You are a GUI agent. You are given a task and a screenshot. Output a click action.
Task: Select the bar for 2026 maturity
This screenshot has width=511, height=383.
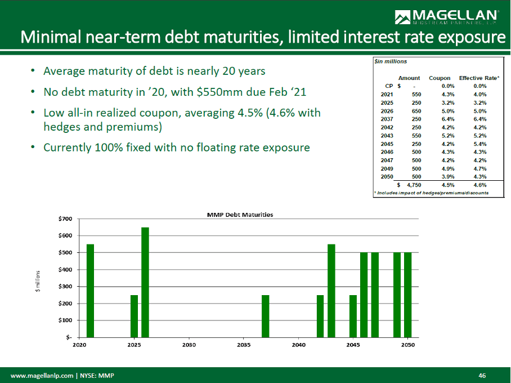pyautogui.click(x=145, y=282)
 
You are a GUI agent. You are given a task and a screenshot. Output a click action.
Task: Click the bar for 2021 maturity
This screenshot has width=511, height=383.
pyautogui.click(x=90, y=290)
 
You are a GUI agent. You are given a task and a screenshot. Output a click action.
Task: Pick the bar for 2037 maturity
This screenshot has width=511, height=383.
pyautogui.click(x=265, y=315)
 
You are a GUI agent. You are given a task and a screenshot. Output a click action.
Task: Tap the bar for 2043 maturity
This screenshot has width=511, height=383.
pyautogui.click(x=331, y=290)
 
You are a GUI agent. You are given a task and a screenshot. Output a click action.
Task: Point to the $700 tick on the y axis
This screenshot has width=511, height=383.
pyautogui.click(x=65, y=219)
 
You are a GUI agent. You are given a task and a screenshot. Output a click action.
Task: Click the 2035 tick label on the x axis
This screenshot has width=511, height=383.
pyautogui.click(x=244, y=345)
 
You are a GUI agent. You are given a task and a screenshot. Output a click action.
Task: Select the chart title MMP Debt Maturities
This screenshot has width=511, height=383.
pyautogui.click(x=240, y=215)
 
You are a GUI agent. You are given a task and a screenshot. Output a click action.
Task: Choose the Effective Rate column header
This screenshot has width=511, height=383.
pyautogui.click(x=478, y=78)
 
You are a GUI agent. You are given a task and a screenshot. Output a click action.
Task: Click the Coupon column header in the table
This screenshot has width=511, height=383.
pyautogui.click(x=440, y=78)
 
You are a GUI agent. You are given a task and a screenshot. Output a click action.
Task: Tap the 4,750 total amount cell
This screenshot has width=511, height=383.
pyautogui.click(x=413, y=184)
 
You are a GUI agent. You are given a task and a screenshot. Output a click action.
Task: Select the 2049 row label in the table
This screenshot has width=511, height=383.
pyautogui.click(x=387, y=168)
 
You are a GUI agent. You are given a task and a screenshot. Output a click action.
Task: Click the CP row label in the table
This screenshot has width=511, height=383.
pyautogui.click(x=388, y=86)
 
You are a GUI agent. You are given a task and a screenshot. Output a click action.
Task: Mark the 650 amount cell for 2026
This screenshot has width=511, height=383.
pyautogui.click(x=415, y=111)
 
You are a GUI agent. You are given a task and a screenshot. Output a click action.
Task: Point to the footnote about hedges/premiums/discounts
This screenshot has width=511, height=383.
pyautogui.click(x=431, y=193)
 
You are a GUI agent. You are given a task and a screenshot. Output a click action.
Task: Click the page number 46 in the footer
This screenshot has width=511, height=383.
pyautogui.click(x=482, y=375)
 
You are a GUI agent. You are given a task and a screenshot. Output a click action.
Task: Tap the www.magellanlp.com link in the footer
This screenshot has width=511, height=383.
pyautogui.click(x=42, y=375)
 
